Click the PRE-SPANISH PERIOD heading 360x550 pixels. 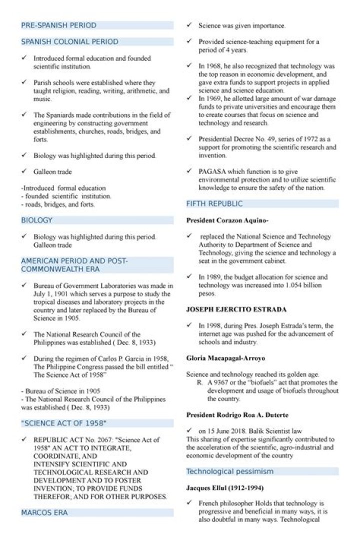(58, 25)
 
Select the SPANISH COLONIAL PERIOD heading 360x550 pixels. (69, 41)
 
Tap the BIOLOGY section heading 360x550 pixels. (36, 220)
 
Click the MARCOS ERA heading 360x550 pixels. (44, 512)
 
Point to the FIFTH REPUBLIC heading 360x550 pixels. (214, 203)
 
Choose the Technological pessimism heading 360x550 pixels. (229, 471)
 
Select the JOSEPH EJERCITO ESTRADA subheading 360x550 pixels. (236, 309)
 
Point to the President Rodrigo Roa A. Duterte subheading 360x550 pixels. (237, 415)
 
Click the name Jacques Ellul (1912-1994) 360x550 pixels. (225, 487)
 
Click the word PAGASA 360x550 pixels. (211, 171)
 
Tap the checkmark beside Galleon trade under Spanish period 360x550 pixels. (24, 171)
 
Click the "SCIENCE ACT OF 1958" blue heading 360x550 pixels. (63, 423)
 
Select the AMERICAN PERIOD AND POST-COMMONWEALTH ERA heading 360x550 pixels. (74, 265)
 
